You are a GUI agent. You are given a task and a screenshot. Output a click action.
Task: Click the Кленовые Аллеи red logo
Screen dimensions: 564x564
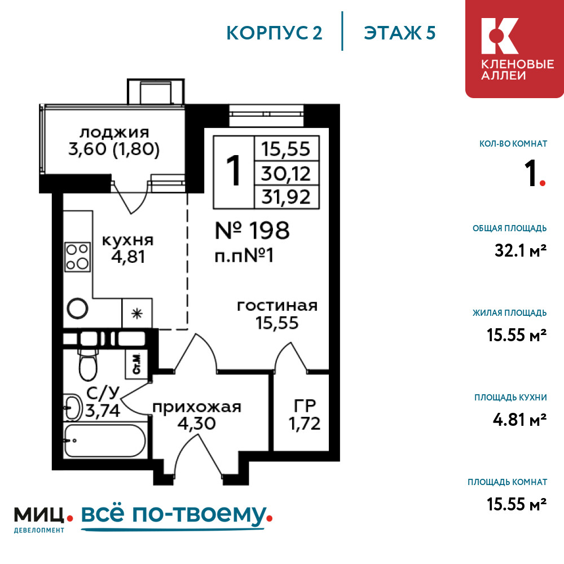point(514,49)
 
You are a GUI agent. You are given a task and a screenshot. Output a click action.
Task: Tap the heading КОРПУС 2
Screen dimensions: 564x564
point(274,33)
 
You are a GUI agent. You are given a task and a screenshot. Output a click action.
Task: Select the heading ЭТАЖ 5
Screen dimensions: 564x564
point(400,33)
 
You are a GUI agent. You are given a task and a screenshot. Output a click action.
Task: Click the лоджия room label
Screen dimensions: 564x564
point(114,133)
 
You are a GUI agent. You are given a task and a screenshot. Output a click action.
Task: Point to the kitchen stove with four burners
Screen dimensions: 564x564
point(77,257)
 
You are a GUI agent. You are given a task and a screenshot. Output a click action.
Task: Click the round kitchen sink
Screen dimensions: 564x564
point(77,309)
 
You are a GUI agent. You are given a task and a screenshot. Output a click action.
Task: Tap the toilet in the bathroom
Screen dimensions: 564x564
point(87,364)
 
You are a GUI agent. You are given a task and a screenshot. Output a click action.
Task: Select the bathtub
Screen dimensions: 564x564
point(105,440)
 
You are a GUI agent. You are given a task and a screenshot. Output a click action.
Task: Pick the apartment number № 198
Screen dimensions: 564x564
point(252,231)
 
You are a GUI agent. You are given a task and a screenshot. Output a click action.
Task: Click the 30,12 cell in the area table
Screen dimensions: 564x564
point(287,173)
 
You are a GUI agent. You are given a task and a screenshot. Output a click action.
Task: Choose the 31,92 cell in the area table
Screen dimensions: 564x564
point(287,197)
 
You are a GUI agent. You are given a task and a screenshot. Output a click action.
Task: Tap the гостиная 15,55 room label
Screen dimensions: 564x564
point(277,314)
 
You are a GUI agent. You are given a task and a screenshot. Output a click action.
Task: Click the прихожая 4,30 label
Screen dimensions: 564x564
point(196,415)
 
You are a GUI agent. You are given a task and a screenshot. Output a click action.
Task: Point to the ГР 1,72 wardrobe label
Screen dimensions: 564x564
point(305,415)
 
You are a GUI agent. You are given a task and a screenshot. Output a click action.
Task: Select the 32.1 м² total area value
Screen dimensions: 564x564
point(521,250)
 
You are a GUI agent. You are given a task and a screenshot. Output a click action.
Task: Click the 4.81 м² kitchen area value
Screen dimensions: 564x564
point(520,420)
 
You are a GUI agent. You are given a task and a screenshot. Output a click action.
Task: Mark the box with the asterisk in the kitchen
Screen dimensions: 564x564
point(136,313)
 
